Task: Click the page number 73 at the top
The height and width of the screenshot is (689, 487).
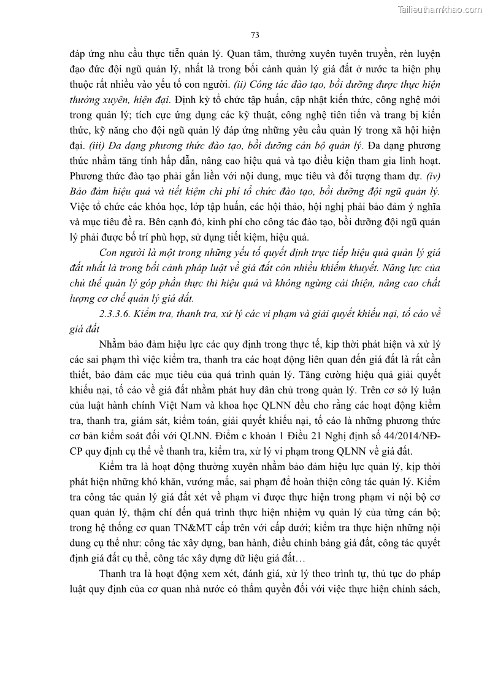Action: [255, 35]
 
